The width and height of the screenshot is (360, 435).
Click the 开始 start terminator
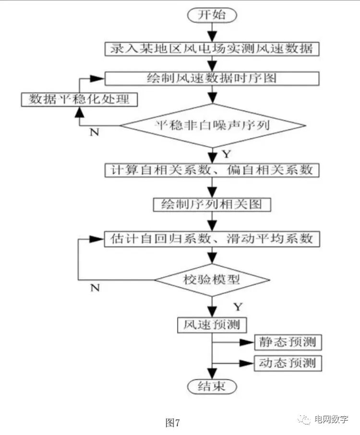tap(211, 14)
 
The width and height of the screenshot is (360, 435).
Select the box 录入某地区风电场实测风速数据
tap(211, 48)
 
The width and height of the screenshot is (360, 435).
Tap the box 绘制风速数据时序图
tap(211, 78)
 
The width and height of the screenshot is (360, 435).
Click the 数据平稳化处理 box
tap(79, 99)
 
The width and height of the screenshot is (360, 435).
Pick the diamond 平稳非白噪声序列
tap(212, 126)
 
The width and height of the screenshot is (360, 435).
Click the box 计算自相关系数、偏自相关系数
tap(212, 170)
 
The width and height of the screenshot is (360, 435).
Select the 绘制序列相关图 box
tap(212, 205)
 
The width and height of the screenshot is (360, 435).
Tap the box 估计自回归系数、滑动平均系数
tap(212, 239)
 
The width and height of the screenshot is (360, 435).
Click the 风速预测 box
tap(212, 325)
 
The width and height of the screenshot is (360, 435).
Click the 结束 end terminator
tap(212, 387)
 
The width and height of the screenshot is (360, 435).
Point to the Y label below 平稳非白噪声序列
tap(226, 155)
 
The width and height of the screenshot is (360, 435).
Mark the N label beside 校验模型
tap(95, 288)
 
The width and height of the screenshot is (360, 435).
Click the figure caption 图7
tap(172, 423)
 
